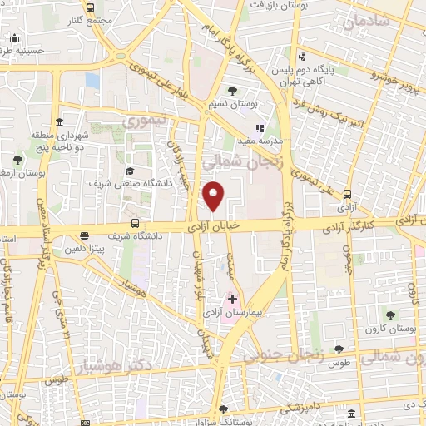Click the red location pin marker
click(214, 196)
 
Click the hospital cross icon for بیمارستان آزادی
click(232, 298)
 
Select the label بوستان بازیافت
click(275, 5)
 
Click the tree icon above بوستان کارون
click(389, 314)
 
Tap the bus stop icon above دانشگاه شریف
click(136, 223)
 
